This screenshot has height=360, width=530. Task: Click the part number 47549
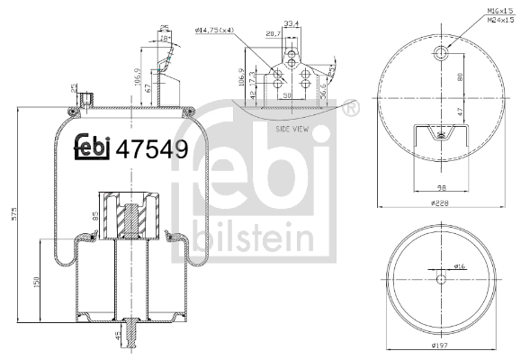[x=152, y=149]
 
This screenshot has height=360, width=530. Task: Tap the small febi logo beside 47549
[x=93, y=148]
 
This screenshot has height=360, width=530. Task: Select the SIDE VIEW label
[x=292, y=130]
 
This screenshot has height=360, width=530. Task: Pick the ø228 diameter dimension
[x=438, y=204]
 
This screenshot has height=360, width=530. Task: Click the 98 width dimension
[x=438, y=186]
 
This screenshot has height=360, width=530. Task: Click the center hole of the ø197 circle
[x=439, y=279]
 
